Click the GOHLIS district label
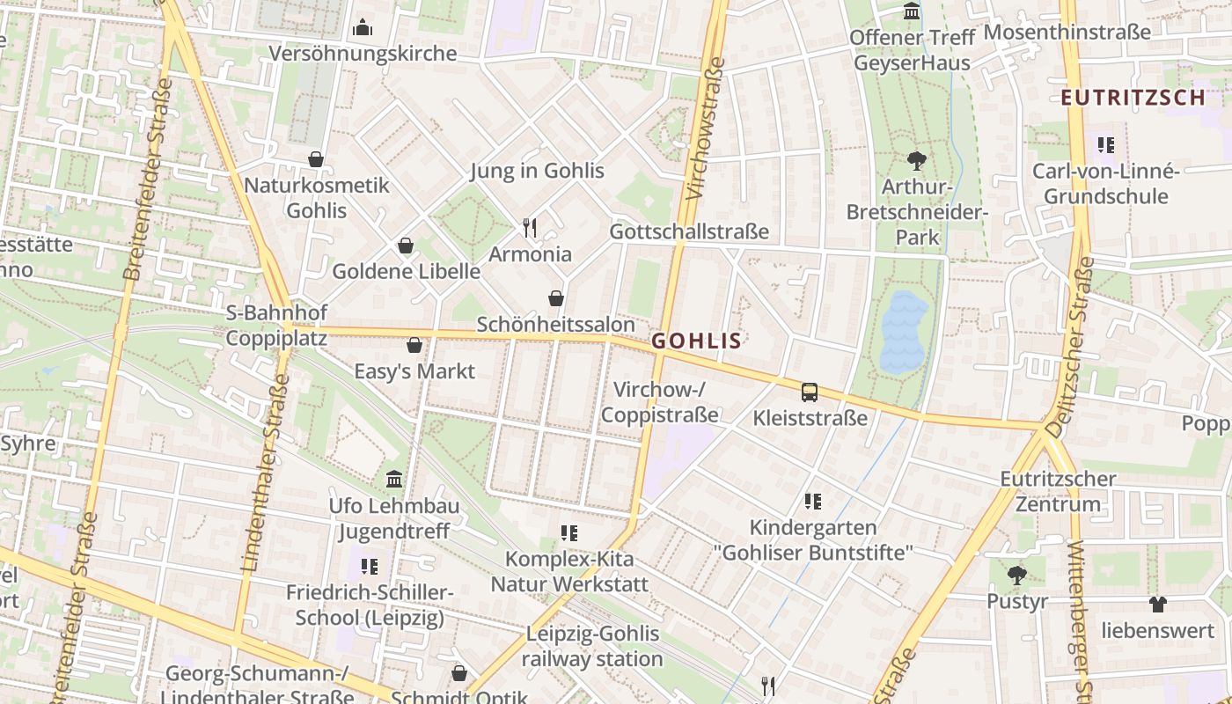tap(696, 341)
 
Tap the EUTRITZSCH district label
tap(1133, 98)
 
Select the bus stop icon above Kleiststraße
tap(810, 392)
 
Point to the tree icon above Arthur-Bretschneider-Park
tap(917, 161)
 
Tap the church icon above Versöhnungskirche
tap(363, 28)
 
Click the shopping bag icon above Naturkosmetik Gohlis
tap(316, 159)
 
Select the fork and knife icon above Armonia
tap(530, 229)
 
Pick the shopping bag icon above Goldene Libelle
tap(406, 246)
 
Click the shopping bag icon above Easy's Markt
tap(414, 345)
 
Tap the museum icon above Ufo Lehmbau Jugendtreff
tap(394, 480)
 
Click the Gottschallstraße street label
tap(689, 232)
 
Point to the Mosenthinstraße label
tap(1067, 33)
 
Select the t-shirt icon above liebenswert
tap(1157, 605)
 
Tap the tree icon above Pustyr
tap(1016, 576)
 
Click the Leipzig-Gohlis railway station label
tap(592, 646)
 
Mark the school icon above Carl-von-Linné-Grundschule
tap(1105, 144)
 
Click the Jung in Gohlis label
tap(537, 171)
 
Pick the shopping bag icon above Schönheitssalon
tap(556, 298)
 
